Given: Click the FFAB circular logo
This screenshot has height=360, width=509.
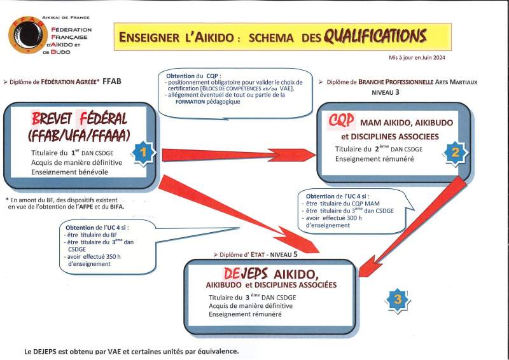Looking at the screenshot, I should coord(26,35).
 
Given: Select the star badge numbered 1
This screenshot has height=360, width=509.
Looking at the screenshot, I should coord(144,153).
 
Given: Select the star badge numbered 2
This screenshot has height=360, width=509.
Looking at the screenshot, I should coord(455,152).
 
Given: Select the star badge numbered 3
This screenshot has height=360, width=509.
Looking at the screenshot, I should coord(398,299).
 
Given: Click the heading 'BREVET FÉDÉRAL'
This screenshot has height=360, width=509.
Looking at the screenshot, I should coord(79,118).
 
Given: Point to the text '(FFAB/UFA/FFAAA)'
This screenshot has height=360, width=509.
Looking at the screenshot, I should coord(79,135).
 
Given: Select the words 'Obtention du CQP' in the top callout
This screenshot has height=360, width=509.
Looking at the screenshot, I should coord(190,75).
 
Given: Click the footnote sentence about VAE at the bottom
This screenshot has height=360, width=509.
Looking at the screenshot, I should coord(132,351).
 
